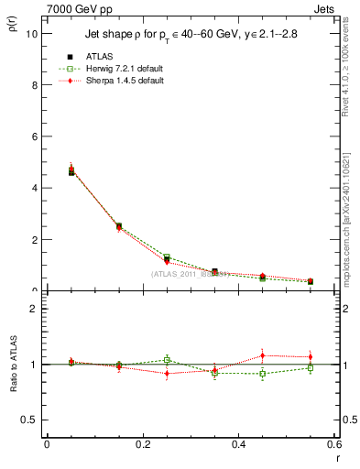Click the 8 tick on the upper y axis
[x=36, y=85]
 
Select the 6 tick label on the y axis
[x=36, y=136]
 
